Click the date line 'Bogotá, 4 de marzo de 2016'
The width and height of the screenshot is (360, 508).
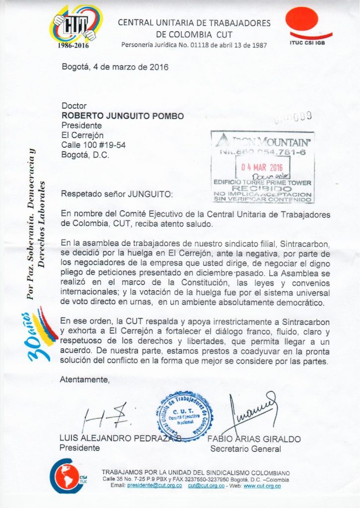point(115,67)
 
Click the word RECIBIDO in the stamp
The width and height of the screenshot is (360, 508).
point(262,189)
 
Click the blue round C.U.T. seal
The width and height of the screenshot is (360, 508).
point(185,415)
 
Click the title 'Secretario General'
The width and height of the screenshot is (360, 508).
point(245,449)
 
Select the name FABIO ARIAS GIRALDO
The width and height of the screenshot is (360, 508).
point(254,439)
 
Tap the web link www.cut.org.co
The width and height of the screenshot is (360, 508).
point(262,486)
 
